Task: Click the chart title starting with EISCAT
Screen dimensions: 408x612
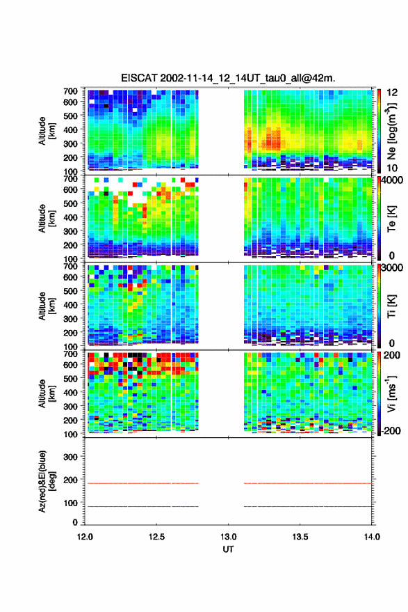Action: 228,78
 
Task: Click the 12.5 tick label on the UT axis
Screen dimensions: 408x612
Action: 156,537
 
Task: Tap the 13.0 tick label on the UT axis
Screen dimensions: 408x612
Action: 228,537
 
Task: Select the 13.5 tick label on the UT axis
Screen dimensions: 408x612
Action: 300,537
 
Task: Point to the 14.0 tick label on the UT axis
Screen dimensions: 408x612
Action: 371,537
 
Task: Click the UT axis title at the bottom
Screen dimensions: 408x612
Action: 228,549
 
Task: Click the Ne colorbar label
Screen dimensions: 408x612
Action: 392,131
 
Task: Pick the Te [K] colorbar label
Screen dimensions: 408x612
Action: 391,219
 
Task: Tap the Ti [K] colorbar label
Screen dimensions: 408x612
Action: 391,306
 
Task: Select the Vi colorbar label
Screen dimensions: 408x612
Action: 391,393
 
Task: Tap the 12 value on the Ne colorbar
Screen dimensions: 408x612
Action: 392,93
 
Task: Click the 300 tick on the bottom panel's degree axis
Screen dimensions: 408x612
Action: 70,457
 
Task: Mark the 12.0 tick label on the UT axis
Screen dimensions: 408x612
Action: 85,537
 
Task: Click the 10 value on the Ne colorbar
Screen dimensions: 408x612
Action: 392,168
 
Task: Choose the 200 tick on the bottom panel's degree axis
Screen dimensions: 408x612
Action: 70,480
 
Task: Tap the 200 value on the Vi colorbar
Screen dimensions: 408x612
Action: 392,355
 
